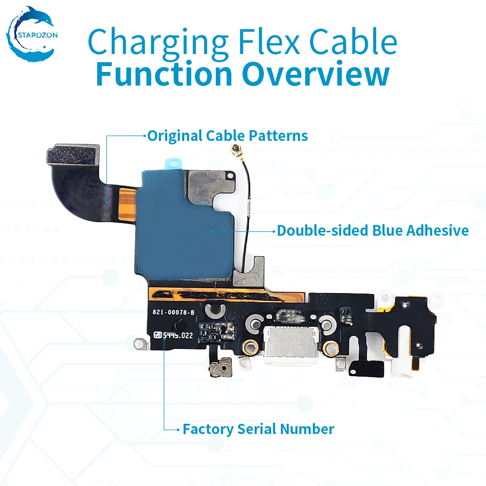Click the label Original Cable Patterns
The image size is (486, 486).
point(227,136)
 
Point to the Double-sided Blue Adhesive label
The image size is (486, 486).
point(373,230)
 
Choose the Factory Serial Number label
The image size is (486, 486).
point(258,429)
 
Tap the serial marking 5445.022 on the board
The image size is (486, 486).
point(178,335)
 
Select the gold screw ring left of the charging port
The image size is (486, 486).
point(251,347)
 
